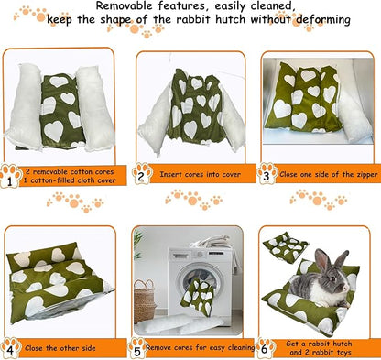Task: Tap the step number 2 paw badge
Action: [x=142, y=174]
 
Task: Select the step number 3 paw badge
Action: [x=267, y=174]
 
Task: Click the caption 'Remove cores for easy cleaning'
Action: [x=197, y=348]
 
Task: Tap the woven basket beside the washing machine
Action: [x=145, y=300]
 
